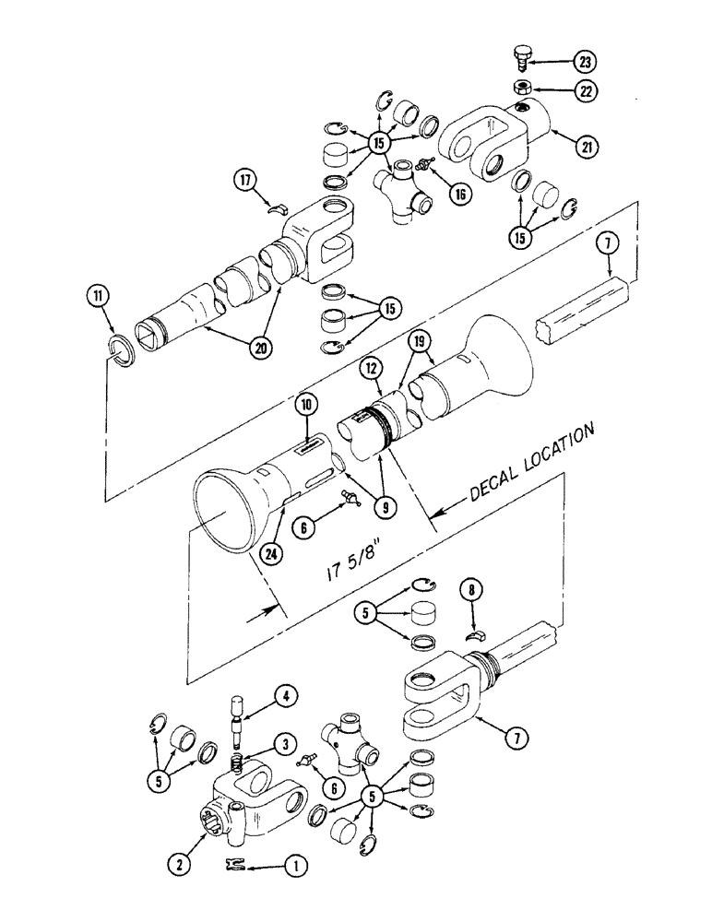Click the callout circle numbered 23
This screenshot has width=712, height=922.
584,62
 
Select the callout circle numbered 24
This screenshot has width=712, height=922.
271,554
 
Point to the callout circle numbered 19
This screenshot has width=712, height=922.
421,343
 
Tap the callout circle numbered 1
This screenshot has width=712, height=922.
295,866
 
